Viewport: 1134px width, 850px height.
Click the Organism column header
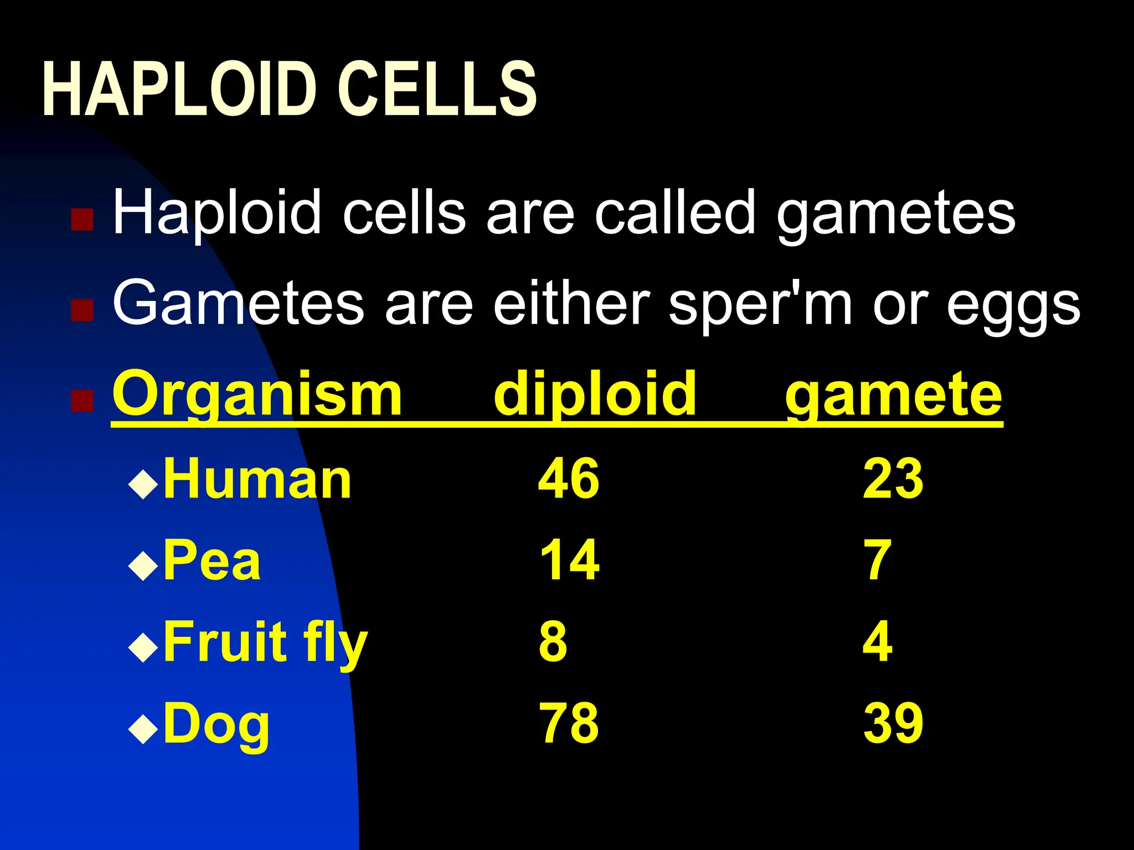coord(257,395)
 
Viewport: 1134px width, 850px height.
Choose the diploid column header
coord(595,395)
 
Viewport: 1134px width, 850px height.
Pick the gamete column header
coord(894,395)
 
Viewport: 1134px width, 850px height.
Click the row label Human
coord(257,479)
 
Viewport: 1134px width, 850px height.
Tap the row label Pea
coord(212,560)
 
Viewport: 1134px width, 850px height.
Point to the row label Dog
coord(217,724)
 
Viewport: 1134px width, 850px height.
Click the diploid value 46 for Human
coord(569,478)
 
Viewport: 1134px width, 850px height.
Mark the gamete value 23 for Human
coord(893,478)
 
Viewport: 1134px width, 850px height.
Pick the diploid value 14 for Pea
coord(569,560)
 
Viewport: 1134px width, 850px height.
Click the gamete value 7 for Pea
coord(878,560)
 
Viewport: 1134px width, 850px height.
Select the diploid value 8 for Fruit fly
coord(553,642)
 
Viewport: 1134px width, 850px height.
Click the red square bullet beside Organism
coord(82,401)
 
